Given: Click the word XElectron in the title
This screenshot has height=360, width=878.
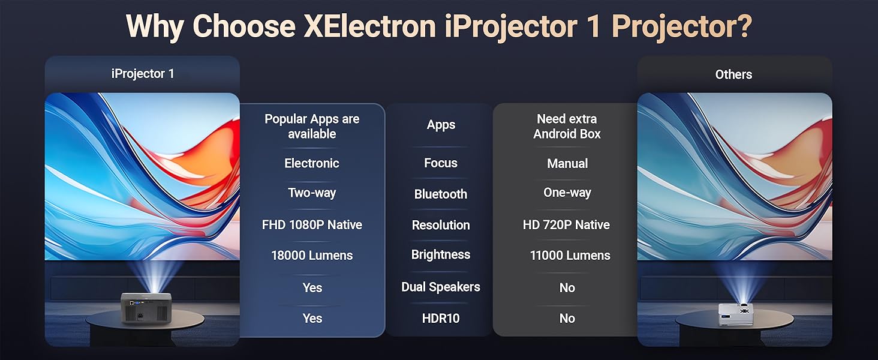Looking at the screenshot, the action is point(369,26).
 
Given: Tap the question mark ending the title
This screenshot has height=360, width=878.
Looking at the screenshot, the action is point(742,26).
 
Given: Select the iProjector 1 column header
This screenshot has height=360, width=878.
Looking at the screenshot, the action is point(143,74).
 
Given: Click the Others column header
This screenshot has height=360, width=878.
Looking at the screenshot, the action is point(733,74).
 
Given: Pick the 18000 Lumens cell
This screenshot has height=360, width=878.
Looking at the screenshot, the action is point(312,255).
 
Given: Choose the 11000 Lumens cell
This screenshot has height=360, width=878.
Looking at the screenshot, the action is point(570,255).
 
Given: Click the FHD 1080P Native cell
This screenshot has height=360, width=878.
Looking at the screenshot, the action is point(312,225).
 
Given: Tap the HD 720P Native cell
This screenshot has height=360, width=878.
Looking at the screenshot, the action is point(566,225).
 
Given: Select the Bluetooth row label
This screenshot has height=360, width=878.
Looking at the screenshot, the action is point(441,194).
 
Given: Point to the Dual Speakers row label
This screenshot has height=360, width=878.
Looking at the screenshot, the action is point(441,287).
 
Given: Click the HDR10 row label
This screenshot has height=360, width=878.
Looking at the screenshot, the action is point(441,318).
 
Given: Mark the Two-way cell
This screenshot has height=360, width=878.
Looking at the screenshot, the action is point(312,193).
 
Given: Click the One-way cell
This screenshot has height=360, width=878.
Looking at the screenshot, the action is point(567,192).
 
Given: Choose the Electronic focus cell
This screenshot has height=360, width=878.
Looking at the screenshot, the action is point(312,163).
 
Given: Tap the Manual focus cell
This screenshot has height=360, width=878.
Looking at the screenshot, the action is point(567,163).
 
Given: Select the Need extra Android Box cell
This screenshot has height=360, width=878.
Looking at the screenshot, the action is point(567,126).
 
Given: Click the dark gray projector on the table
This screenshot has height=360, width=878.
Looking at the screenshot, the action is point(146,308).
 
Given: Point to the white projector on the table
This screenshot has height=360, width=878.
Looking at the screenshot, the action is point(736,314).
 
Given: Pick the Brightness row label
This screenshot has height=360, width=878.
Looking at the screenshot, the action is point(441,254).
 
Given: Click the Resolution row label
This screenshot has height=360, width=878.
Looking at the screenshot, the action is point(441,225).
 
